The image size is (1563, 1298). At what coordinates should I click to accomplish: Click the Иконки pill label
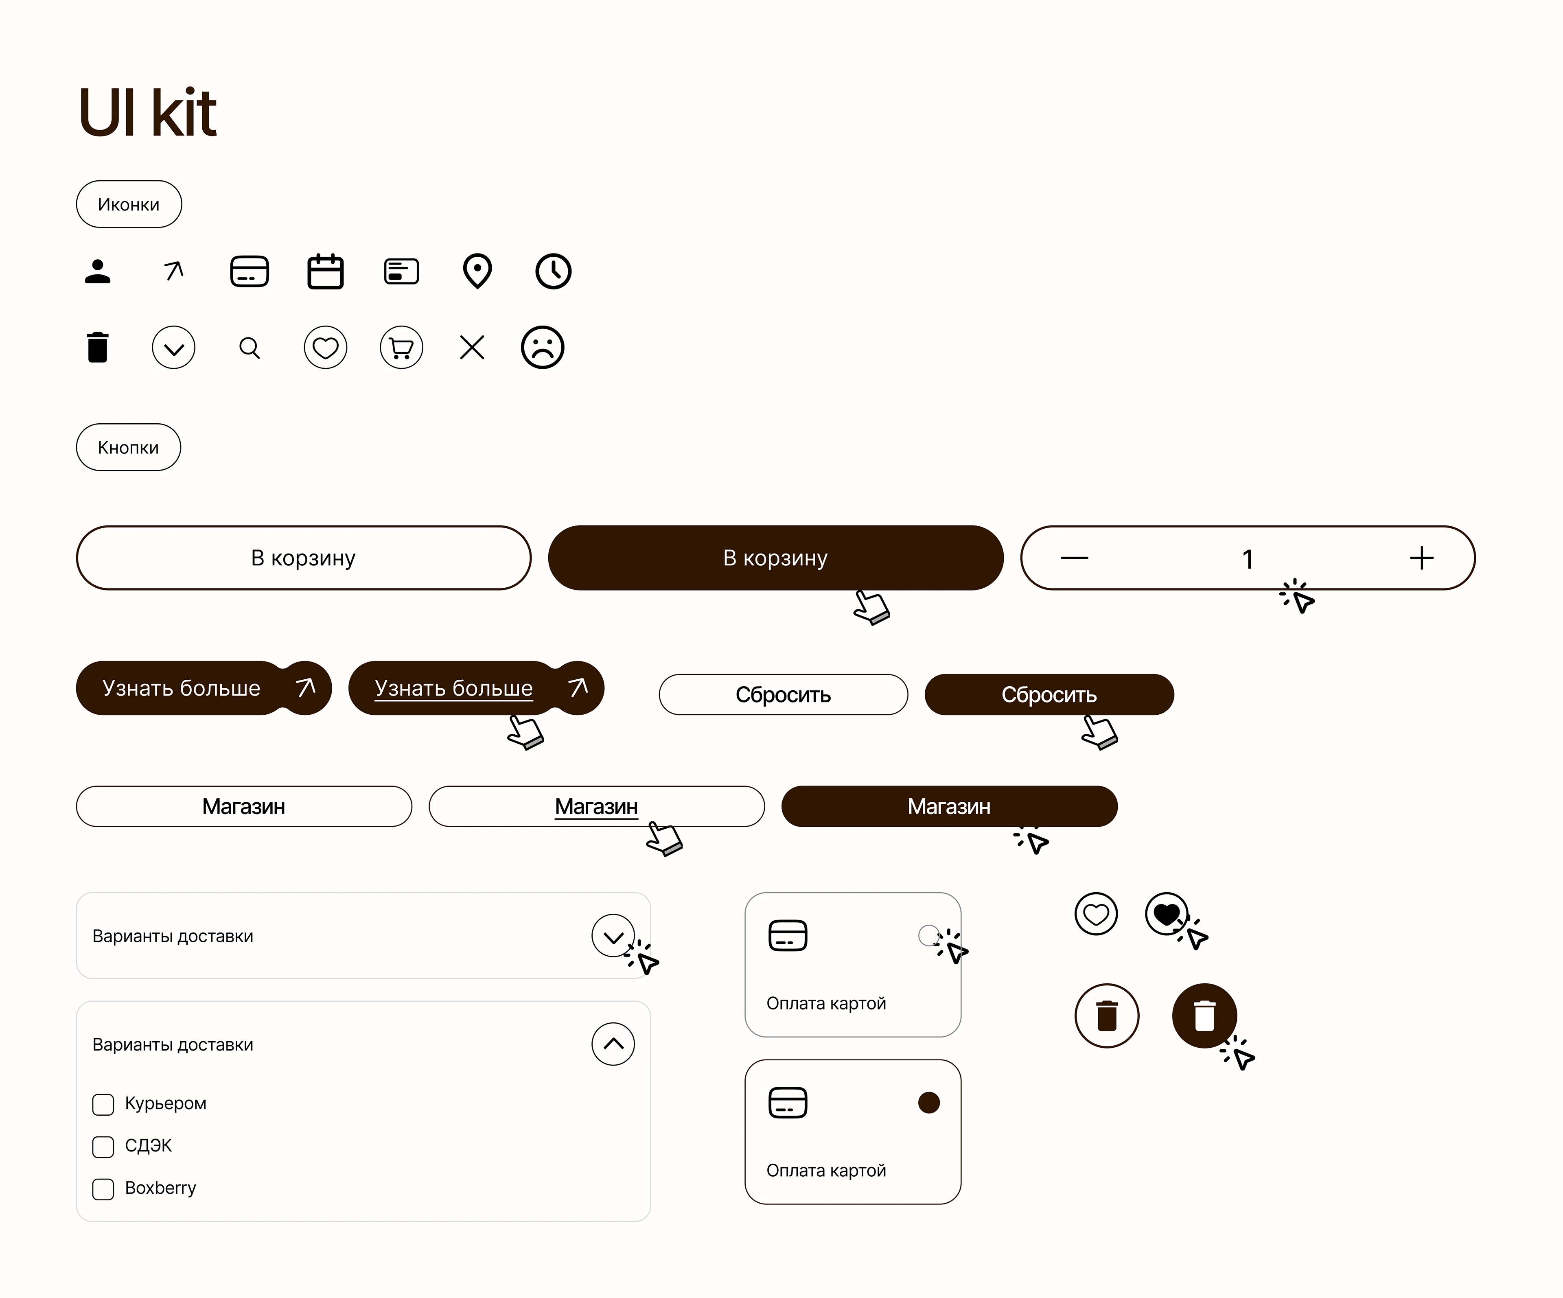tap(129, 204)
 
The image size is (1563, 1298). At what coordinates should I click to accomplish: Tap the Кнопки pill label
tap(128, 447)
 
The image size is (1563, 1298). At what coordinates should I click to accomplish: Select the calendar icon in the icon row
tap(325, 271)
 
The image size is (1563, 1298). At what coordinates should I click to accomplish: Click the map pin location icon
tap(477, 271)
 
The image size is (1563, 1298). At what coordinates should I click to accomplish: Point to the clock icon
tap(553, 271)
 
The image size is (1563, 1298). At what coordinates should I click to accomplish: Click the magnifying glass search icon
tap(250, 348)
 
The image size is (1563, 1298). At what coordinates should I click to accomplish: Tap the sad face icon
tap(543, 348)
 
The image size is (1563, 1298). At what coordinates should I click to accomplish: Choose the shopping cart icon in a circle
tap(401, 348)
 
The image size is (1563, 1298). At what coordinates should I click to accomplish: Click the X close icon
tap(472, 348)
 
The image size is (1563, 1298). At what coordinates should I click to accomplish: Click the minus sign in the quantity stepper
tap(1074, 558)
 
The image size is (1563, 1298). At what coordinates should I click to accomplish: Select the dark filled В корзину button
tap(775, 558)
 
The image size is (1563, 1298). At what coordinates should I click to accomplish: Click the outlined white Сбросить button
tap(783, 694)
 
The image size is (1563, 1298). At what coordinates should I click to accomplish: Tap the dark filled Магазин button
tap(949, 806)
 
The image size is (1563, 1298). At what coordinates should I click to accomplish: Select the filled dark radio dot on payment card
tap(929, 1102)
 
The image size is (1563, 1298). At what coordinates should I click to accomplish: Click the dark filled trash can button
tap(1204, 1015)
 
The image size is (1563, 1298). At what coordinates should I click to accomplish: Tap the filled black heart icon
tap(1166, 913)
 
